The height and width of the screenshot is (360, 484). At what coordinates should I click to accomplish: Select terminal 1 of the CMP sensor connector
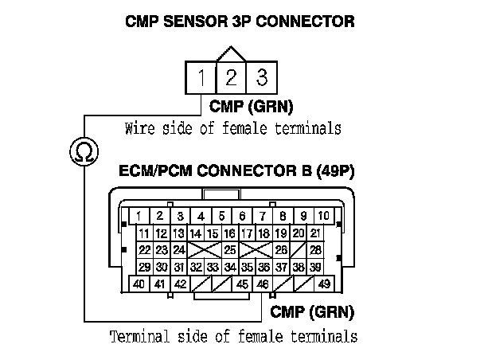tap(202, 79)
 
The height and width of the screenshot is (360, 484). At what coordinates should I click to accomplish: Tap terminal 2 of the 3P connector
tap(231, 78)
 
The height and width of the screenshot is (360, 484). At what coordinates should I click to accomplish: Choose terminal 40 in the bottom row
tap(139, 284)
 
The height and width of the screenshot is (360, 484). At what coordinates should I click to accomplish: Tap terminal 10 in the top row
tap(323, 215)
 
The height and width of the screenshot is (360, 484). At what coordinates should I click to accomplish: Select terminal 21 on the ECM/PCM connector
tap(315, 233)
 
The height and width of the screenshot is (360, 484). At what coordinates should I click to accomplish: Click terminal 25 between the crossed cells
tap(230, 251)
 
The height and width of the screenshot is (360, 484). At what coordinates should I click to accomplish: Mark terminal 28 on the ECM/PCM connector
tap(315, 251)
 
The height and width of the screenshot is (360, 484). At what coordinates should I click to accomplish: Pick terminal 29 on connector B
tap(144, 268)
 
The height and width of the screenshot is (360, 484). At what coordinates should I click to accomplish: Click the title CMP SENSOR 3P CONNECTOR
tap(240, 22)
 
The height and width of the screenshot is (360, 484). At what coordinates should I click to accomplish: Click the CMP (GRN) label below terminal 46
tap(313, 311)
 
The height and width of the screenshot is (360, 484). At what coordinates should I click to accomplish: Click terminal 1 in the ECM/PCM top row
tap(139, 215)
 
